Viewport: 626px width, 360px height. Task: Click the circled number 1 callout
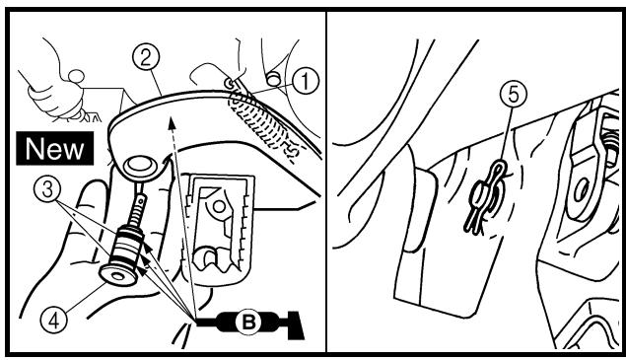306,82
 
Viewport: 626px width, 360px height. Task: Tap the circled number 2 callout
146,57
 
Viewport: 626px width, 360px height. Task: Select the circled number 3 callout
47,189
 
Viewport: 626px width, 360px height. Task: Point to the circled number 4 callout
54,320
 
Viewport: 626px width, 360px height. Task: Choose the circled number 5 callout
514,95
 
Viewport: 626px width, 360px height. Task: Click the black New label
55,148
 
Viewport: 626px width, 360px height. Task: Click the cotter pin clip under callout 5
485,197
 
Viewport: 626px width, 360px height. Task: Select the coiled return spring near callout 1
262,124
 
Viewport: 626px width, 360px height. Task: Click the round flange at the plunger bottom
118,275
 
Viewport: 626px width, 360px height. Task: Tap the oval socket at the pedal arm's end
140,166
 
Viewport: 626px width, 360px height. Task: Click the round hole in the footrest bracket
219,206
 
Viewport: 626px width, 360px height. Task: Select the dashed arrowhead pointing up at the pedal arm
172,123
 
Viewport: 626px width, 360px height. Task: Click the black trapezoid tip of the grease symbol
295,325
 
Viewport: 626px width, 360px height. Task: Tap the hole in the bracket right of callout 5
582,191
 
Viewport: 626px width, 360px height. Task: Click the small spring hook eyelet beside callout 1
230,84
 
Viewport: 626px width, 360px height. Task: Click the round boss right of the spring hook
273,79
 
